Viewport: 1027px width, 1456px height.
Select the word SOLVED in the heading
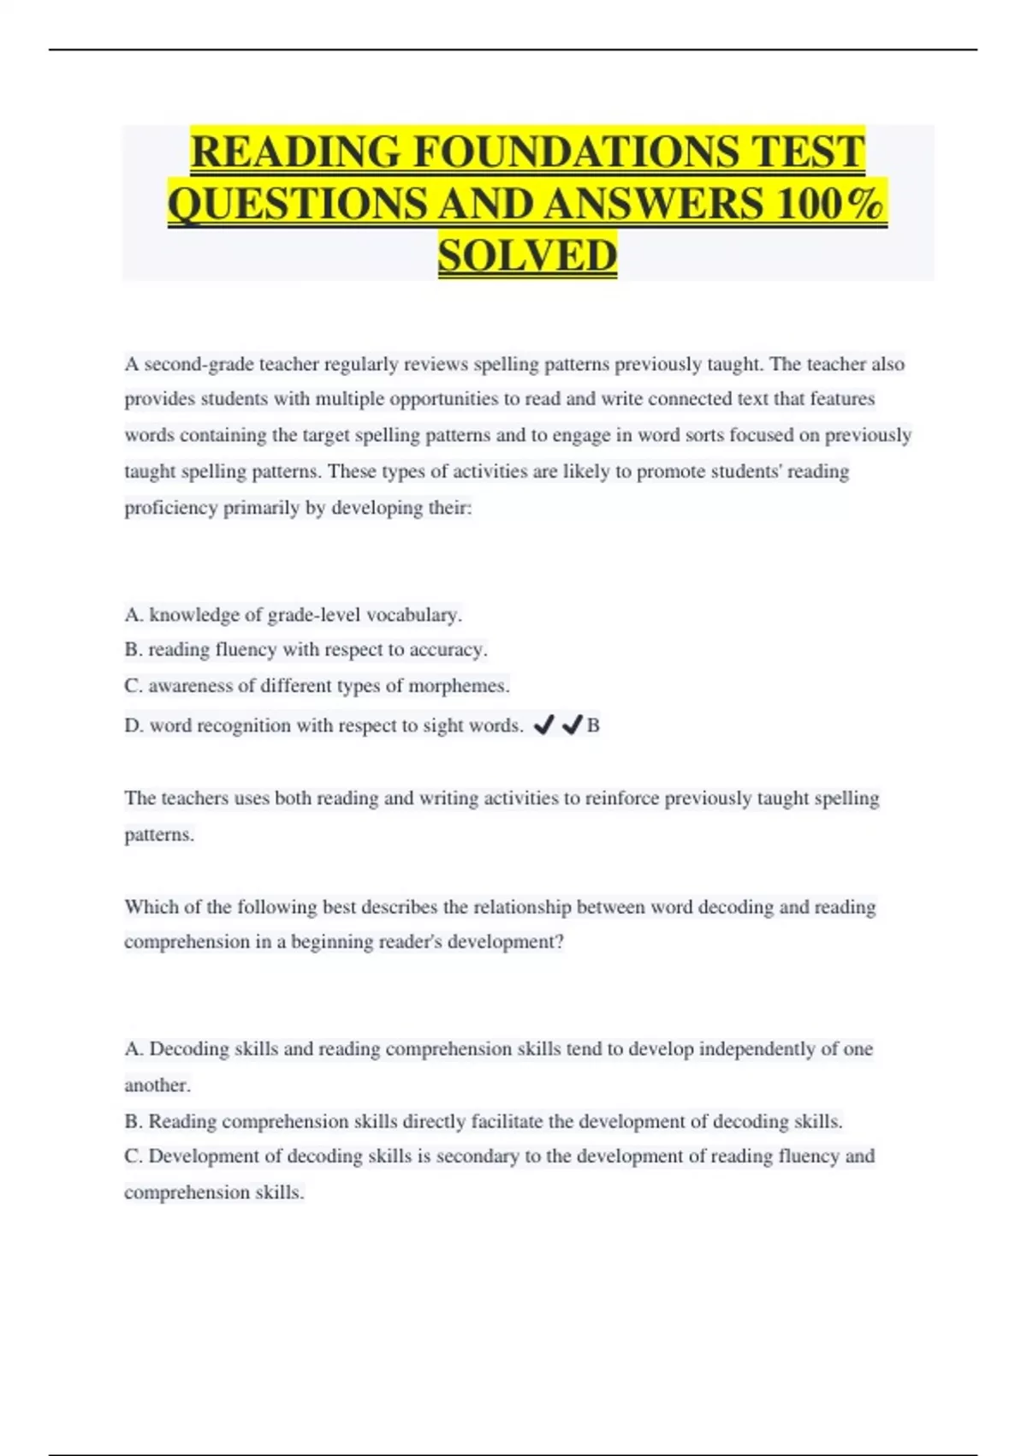[x=527, y=256]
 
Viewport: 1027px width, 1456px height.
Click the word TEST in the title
[x=808, y=152]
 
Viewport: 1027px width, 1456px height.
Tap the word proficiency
[x=171, y=508]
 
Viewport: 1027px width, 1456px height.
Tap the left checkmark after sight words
[x=543, y=725]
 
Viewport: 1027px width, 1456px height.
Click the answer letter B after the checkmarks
[x=593, y=726]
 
